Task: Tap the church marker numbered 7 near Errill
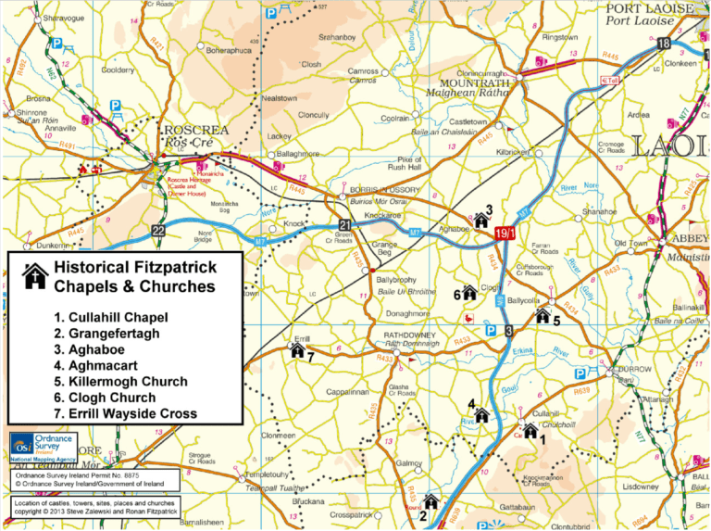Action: point(297,350)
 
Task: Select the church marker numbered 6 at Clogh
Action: point(468,292)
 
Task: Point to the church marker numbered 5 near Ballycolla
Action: point(543,315)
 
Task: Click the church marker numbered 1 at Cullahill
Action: point(530,429)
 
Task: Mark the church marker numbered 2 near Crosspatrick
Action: point(430,501)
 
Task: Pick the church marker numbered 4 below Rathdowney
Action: point(480,413)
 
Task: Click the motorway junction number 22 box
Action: point(158,231)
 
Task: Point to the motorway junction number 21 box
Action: point(344,225)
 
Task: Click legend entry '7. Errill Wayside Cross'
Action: point(125,413)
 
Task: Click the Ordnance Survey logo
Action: point(47,445)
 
